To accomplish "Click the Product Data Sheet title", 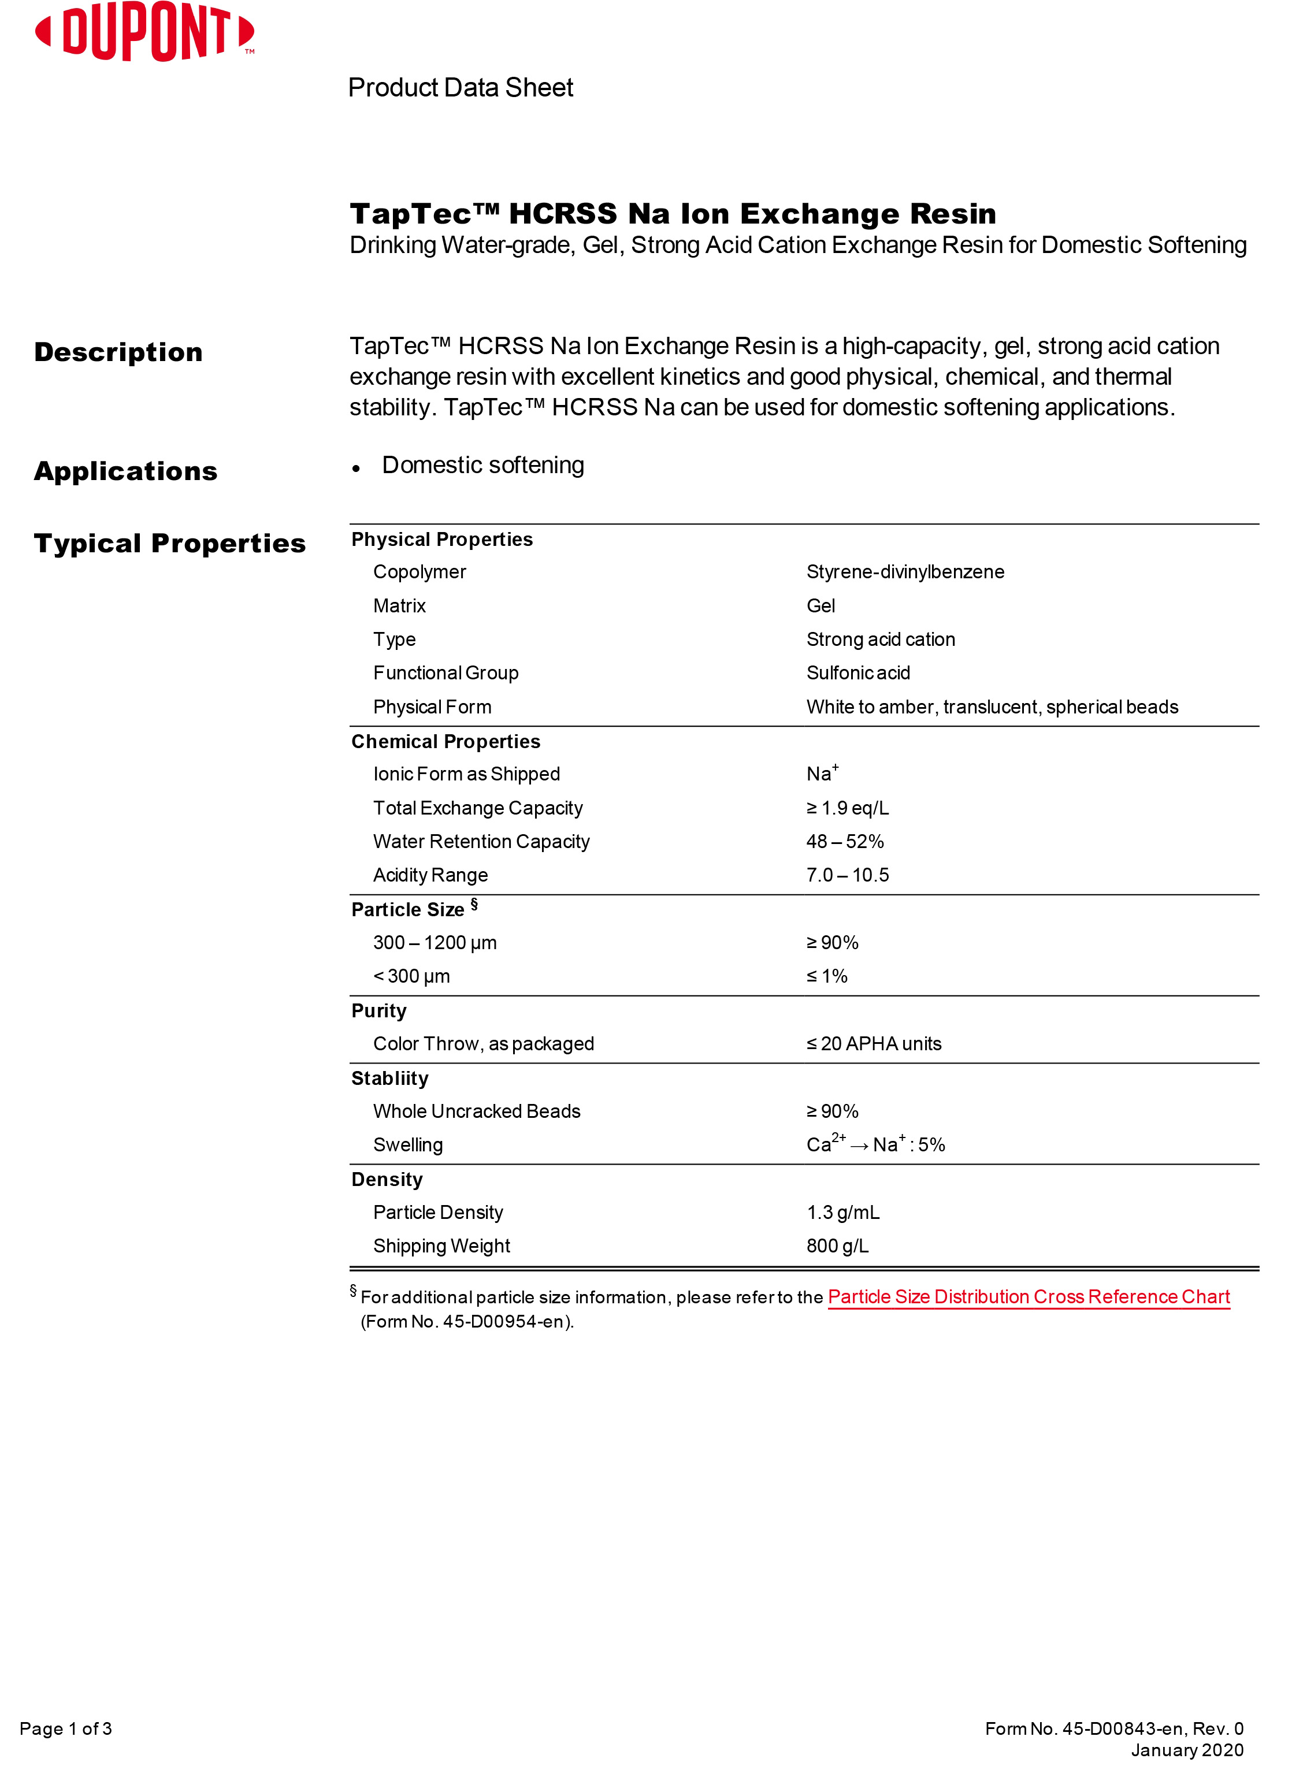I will [x=460, y=88].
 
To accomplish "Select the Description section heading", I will [x=118, y=352].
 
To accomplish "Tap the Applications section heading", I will [x=125, y=471].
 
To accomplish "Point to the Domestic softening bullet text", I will [x=482, y=465].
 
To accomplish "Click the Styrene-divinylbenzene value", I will [x=905, y=572].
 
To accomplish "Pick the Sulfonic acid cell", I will [x=858, y=673].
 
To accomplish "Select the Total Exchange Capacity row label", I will [x=477, y=808].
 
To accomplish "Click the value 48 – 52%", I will [x=845, y=842].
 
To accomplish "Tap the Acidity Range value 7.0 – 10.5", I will [x=847, y=876].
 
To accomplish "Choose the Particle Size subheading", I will [x=409, y=910].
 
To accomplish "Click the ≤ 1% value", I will [x=827, y=976].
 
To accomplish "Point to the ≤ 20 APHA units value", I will [x=874, y=1044].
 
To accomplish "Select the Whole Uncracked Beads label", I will [x=476, y=1111].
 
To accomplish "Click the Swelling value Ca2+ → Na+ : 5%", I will [x=875, y=1146].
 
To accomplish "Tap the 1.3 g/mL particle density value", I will [x=842, y=1213].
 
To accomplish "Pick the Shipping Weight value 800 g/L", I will [x=837, y=1246].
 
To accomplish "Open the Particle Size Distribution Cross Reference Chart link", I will [x=1029, y=1297].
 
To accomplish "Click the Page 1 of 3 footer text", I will [x=66, y=1728].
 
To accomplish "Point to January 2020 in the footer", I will [x=1186, y=1750].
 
